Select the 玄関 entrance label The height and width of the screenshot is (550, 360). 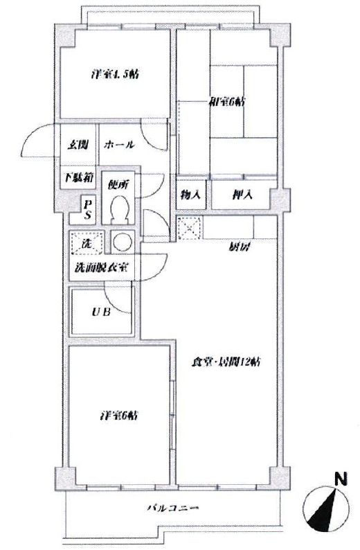tap(76, 145)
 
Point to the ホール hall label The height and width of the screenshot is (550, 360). tap(118, 145)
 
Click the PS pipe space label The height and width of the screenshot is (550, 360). tap(88, 207)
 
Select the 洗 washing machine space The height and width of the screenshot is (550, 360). tap(87, 243)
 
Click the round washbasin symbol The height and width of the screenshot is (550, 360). tap(123, 242)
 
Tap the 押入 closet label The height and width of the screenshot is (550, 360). tap(242, 195)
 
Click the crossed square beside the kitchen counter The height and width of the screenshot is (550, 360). tap(189, 227)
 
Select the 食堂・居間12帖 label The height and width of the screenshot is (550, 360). tap(228, 362)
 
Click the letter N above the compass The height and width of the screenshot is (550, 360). tap(340, 479)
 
